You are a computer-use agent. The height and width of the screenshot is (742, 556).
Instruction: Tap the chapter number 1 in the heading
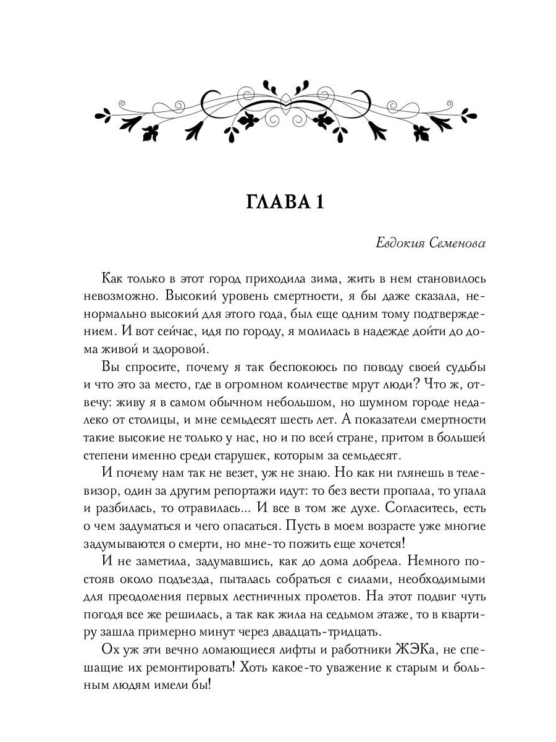(x=318, y=203)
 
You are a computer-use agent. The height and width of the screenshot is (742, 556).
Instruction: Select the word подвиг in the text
(x=444, y=597)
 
